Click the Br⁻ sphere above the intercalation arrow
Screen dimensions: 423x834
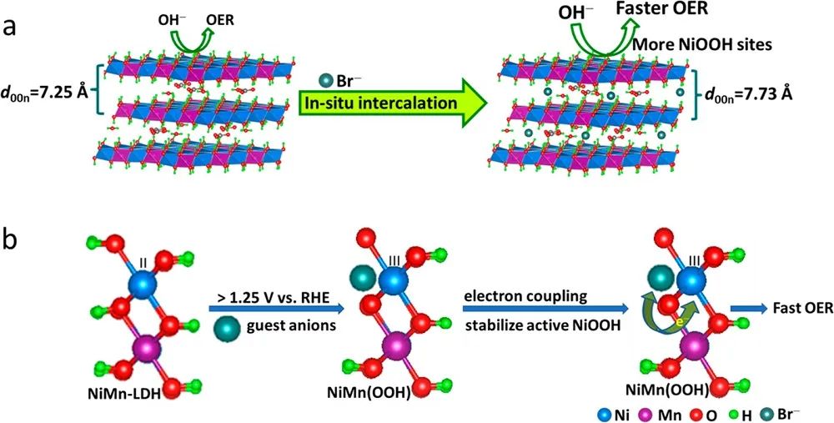coord(324,80)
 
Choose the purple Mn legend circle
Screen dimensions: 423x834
coord(656,411)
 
